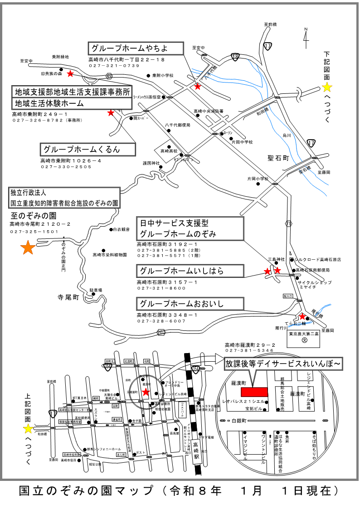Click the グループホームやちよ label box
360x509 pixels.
coord(136,48)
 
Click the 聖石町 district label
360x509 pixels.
coord(278,158)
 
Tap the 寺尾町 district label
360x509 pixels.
coord(68,298)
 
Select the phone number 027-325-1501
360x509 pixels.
coord(35,232)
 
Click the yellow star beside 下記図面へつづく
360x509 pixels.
coord(327,87)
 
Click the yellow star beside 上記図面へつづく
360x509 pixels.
coord(28,428)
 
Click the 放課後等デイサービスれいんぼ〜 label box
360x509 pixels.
coord(283,364)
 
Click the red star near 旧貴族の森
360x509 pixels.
coord(70,73)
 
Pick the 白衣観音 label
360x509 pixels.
coord(122,229)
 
